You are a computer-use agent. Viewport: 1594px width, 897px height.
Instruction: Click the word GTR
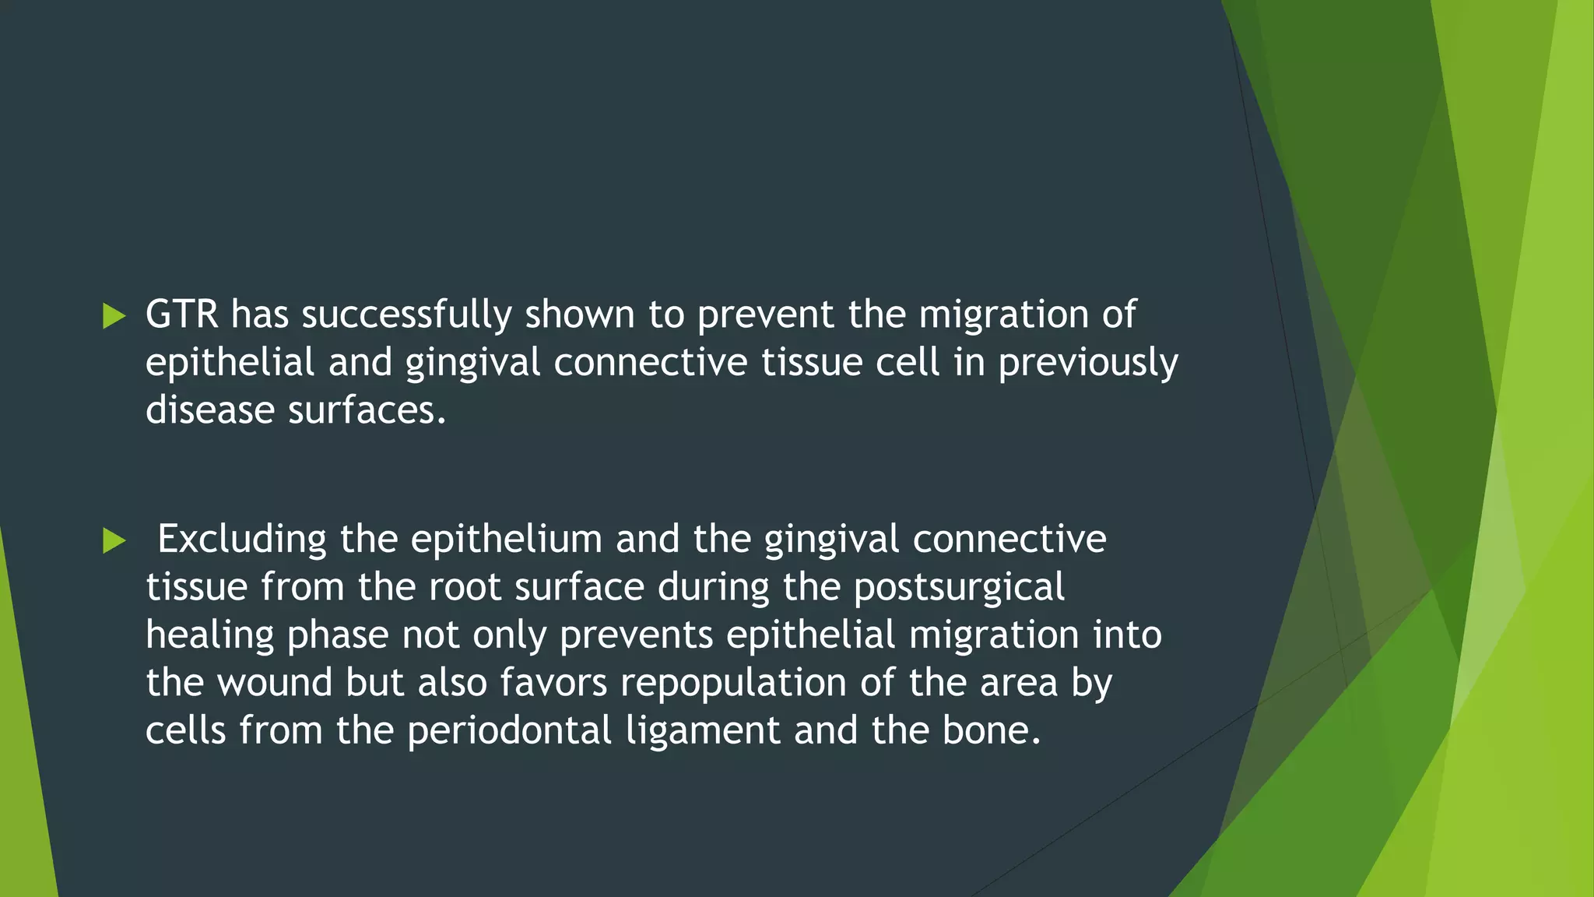[182, 315]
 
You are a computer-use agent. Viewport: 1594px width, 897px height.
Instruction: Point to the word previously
[1088, 364]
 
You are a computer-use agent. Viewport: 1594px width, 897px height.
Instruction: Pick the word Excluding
[242, 540]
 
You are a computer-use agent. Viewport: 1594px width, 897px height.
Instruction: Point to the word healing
[209, 636]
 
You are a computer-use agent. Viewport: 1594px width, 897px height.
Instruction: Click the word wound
[274, 683]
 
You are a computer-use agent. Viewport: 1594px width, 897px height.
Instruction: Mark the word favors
[553, 683]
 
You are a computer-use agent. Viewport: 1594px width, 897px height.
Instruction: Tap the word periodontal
[509, 731]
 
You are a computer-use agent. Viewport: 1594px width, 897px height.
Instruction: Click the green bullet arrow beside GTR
[114, 316]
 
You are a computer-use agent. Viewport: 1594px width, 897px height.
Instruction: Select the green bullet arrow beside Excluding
[114, 540]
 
